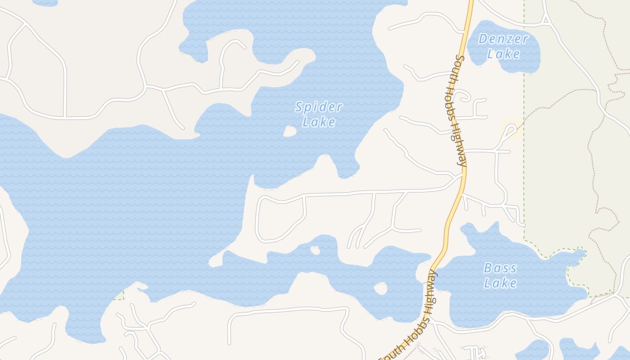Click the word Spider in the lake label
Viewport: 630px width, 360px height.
[319, 108]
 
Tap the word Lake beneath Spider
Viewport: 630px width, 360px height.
[319, 122]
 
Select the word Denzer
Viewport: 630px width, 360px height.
[503, 39]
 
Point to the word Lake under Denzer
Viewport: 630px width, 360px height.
[503, 54]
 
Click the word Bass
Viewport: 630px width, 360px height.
[500, 269]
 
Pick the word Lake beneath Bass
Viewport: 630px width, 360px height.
[500, 283]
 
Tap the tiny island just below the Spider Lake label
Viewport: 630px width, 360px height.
[290, 131]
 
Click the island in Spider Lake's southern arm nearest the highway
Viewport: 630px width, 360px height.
[381, 288]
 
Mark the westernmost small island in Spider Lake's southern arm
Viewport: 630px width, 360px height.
[315, 250]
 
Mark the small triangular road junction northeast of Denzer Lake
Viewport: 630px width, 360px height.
[545, 19]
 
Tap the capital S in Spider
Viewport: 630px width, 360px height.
[299, 107]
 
